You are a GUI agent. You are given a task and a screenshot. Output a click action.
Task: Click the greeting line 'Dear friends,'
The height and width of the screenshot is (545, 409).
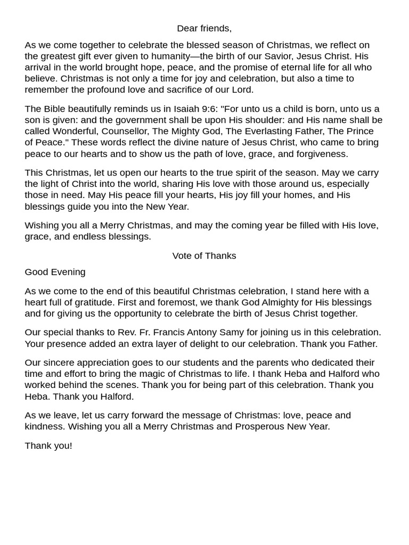204,28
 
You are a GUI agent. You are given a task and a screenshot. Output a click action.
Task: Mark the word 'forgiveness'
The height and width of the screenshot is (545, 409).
323,154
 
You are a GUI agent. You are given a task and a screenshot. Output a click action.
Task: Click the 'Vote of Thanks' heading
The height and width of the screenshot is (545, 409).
204,255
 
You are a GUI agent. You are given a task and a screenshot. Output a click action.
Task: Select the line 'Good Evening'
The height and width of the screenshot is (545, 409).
55,272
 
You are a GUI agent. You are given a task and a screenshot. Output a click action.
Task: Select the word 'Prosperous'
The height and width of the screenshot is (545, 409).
261,426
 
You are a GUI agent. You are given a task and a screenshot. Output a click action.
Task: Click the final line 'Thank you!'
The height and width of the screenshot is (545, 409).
48,446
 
